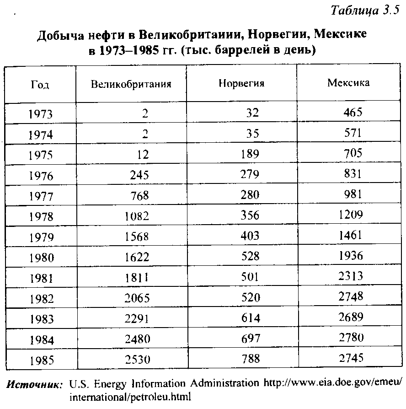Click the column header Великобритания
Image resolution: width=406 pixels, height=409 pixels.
(131, 84)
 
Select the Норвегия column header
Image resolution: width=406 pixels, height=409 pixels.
(241, 84)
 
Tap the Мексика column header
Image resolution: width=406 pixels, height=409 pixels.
(348, 83)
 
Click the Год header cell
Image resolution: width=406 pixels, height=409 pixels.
(40, 85)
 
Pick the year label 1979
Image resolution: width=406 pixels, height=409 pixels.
(41, 237)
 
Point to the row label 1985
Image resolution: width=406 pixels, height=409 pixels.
(41, 361)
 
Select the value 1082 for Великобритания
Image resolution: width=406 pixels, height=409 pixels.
(137, 216)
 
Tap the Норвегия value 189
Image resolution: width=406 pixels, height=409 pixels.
(250, 154)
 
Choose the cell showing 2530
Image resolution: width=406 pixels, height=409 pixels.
(137, 360)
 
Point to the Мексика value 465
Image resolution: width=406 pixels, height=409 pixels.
(353, 113)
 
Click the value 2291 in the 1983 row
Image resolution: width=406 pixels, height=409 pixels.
(137, 319)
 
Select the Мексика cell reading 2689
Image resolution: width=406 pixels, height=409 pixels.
(351, 317)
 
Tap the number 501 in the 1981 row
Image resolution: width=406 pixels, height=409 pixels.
(250, 276)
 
